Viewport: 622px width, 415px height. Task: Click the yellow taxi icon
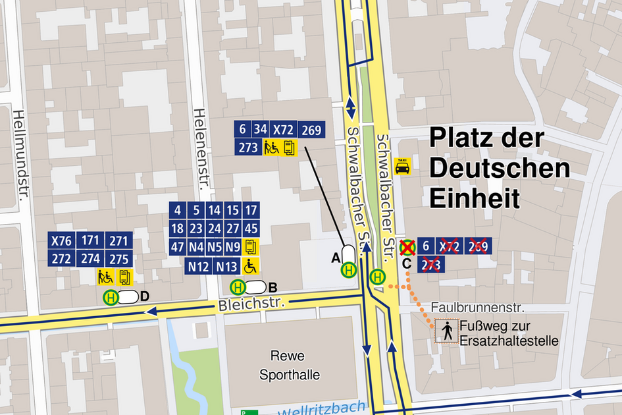(402, 167)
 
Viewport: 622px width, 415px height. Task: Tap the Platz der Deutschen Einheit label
(498, 169)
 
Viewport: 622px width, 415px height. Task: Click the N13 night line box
(227, 267)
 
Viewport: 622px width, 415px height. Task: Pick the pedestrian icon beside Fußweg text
(448, 332)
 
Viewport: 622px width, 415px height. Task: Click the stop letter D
(145, 297)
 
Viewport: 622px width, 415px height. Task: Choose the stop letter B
(273, 287)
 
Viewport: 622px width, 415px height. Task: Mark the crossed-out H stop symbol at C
(408, 248)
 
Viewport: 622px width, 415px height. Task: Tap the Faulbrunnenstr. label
(477, 308)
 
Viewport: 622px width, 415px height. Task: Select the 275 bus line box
(119, 259)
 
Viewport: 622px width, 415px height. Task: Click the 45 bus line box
(251, 229)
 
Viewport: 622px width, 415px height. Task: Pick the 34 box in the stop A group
(261, 130)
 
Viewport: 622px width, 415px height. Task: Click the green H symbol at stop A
(349, 269)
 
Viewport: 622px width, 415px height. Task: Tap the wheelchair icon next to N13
(251, 267)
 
